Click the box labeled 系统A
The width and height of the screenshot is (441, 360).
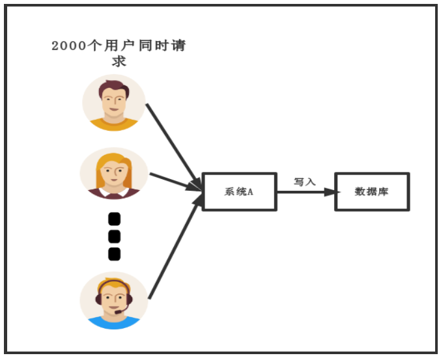pos(240,191)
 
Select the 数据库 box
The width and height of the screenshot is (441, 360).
pos(372,191)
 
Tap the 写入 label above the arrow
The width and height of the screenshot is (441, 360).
pos(304,182)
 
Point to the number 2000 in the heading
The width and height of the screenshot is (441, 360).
pos(69,46)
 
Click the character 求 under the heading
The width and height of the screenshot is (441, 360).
pos(119,62)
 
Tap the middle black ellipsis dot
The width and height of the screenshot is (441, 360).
pos(114,236)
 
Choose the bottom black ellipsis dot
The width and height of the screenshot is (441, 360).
pos(114,253)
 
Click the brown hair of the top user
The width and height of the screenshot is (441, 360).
pos(114,87)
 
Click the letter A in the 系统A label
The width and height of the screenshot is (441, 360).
pos(249,192)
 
